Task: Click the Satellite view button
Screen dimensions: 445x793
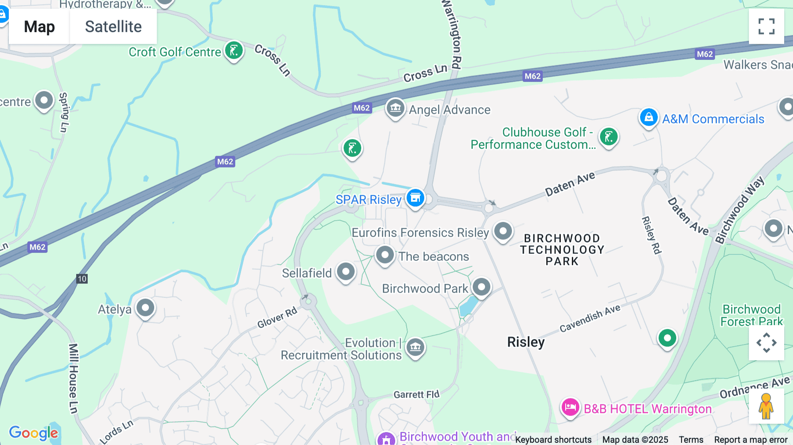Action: tap(113, 26)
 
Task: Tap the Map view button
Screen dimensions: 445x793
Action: tap(39, 26)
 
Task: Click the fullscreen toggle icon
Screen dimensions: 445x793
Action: tap(766, 26)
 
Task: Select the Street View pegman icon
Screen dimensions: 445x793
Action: tap(766, 406)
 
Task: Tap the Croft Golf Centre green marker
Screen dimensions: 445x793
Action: tap(234, 51)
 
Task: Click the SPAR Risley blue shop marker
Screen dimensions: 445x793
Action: tap(415, 198)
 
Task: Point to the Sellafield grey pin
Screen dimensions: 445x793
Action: tap(346, 271)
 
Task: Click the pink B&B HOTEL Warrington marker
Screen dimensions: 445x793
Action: tap(570, 407)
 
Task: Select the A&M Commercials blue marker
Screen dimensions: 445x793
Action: tap(648, 118)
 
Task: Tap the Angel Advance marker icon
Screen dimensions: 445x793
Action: tap(395, 108)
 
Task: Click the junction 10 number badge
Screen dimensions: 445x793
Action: tap(82, 278)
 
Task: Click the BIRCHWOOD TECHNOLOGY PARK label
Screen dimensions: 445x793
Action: tap(562, 250)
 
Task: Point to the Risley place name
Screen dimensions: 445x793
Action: tap(526, 342)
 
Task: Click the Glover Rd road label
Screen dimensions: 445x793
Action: tap(277, 318)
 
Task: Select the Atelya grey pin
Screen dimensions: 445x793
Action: tap(145, 308)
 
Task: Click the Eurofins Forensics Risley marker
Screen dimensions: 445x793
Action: tap(503, 231)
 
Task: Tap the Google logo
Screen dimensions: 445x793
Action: tap(33, 433)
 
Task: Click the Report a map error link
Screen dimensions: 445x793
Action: tap(751, 439)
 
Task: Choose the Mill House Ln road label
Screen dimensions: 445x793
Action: tap(73, 378)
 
